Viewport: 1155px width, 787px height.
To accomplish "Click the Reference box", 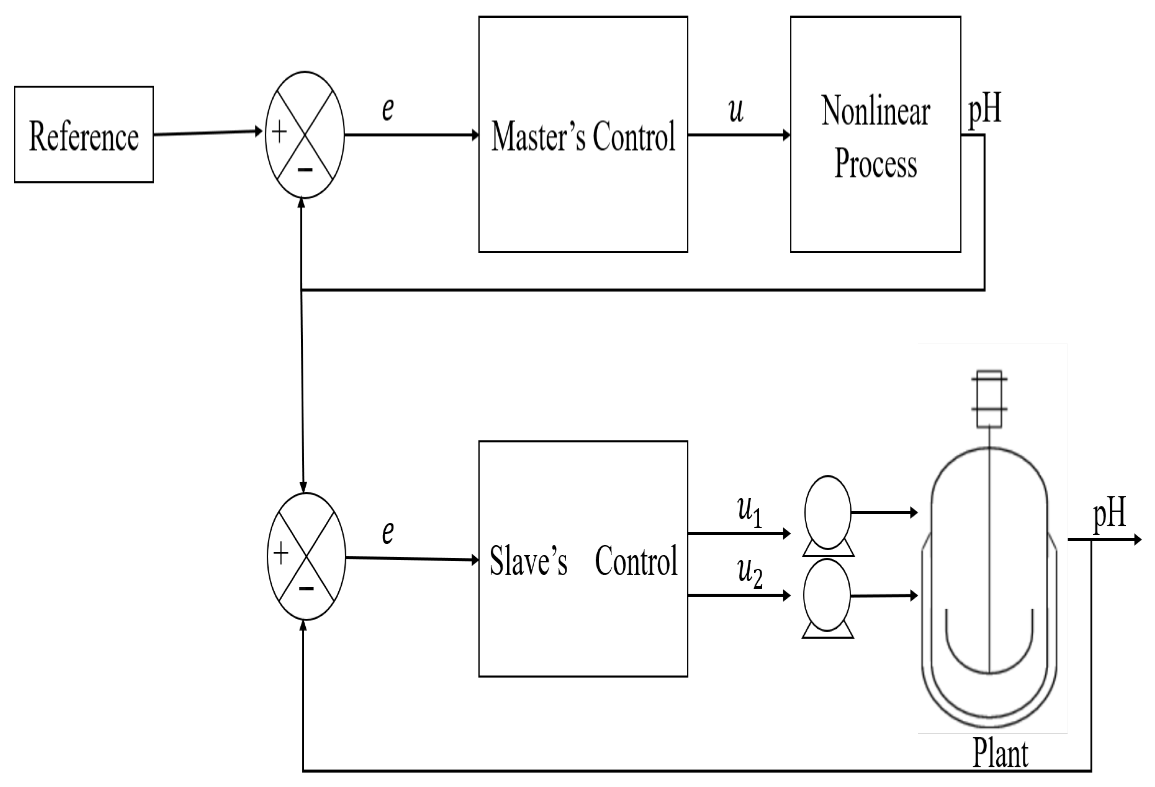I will tap(83, 134).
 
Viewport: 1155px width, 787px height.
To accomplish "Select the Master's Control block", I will tap(583, 134).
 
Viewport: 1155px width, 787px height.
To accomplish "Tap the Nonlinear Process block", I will tap(875, 134).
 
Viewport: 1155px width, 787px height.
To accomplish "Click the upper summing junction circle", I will tap(305, 135).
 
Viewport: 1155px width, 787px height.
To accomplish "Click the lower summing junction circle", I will tap(306, 556).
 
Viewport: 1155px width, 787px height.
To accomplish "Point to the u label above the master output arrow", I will tap(736, 110).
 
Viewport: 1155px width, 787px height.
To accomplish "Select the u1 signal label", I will tap(749, 512).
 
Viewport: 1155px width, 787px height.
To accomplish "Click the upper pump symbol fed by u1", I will tap(827, 514).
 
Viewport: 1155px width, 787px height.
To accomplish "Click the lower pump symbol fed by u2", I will tap(827, 596).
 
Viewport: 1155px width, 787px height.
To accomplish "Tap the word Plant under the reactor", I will tap(1000, 754).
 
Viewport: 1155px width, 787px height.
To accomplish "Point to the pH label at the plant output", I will tap(1109, 514).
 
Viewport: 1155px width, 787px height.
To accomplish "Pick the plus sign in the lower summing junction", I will tap(281, 553).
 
